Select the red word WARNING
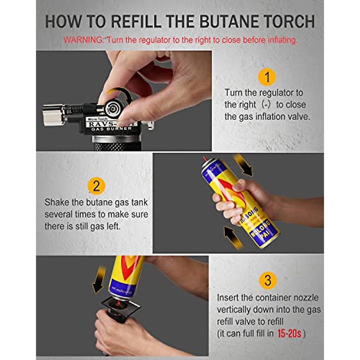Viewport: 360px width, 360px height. tap(83, 40)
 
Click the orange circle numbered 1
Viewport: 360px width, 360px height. tap(267, 77)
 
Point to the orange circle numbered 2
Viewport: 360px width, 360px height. tap(96, 186)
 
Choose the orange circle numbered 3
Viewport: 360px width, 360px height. tap(268, 280)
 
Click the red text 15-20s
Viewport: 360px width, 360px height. tap(289, 334)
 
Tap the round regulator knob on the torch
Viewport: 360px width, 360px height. tap(114, 107)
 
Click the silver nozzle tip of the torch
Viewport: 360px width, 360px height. tap(53, 115)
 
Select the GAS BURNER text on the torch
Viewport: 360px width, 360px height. tap(111, 128)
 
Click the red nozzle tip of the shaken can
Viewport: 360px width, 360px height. tap(205, 159)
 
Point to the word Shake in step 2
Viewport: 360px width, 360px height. tap(57, 202)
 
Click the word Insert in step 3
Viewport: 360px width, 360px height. tap(228, 298)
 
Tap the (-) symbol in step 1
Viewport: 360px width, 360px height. tap(266, 105)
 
